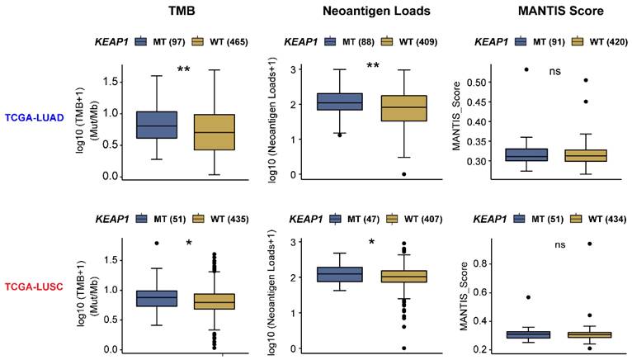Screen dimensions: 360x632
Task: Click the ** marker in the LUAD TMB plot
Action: click(x=185, y=69)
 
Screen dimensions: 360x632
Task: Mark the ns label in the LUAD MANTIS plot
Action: click(x=554, y=72)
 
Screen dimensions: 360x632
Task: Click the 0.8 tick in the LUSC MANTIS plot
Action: click(x=474, y=263)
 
